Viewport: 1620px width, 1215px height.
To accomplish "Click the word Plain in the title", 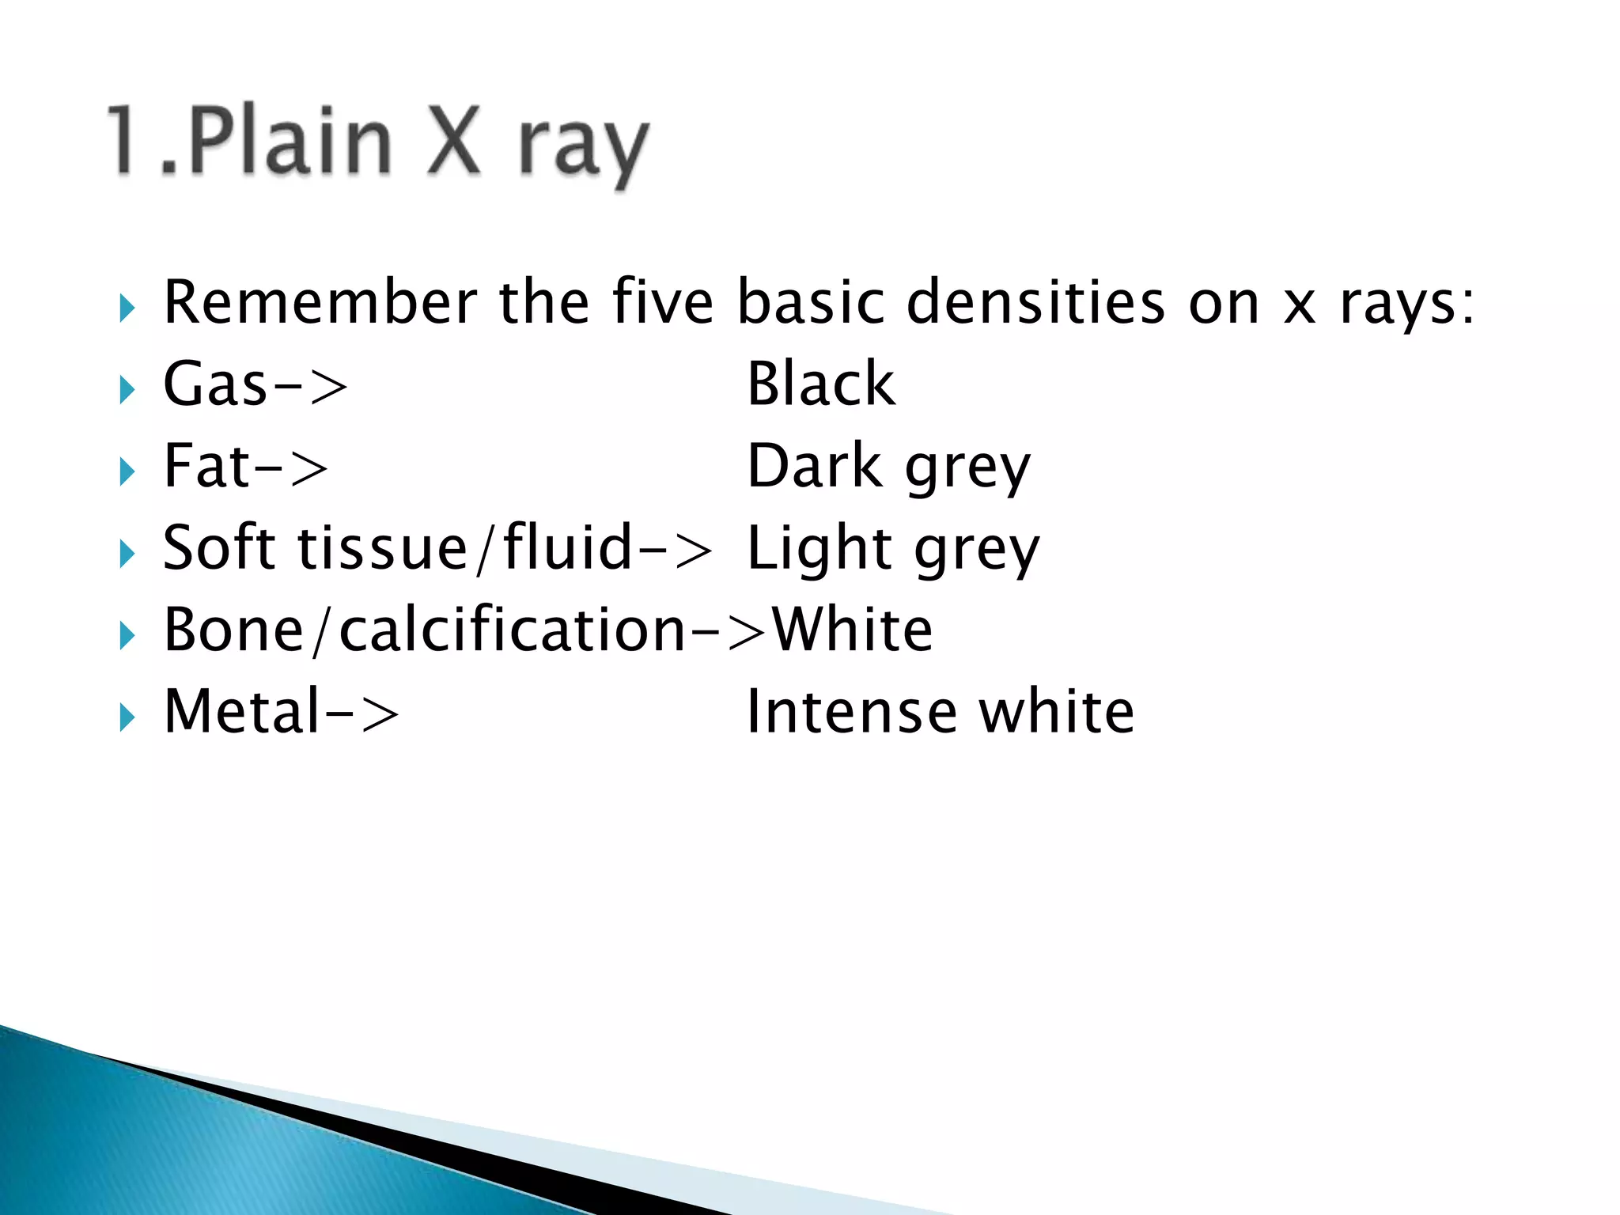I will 290,142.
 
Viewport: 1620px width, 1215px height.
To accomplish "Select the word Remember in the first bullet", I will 320,302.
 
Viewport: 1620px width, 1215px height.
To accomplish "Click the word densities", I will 1036,302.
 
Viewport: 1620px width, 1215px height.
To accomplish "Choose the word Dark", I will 815,466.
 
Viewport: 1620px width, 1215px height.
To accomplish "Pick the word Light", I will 819,549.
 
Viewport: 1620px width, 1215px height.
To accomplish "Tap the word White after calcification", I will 853,630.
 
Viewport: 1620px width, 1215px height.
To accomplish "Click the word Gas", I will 215,384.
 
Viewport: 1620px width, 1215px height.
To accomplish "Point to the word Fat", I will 207,466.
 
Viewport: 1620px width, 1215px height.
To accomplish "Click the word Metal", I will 242,711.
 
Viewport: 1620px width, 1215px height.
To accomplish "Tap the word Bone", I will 233,630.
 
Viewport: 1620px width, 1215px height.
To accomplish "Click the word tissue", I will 383,547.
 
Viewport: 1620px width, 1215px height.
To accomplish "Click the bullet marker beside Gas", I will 127,389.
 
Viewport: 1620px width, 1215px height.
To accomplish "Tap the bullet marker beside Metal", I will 127,717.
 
